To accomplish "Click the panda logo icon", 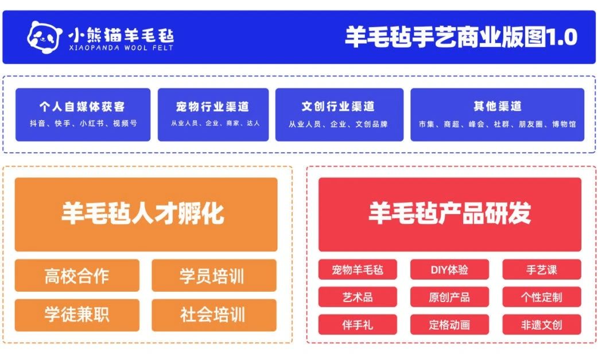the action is tap(45, 37).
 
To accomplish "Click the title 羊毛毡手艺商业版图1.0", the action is tap(461, 37).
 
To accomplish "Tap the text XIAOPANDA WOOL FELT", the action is tap(121, 48).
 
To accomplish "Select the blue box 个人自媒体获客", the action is tap(83, 115).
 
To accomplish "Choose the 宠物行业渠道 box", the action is tap(213, 115).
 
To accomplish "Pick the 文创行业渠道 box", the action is tap(339, 115).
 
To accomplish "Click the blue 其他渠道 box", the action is tap(498, 115).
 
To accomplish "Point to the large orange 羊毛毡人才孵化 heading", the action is tap(146, 214).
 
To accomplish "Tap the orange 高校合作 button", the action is tap(77, 276).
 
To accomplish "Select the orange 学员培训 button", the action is tap(214, 276).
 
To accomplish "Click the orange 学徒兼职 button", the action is tap(77, 315).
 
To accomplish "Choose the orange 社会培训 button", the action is tap(214, 315).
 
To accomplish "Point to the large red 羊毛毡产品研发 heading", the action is tap(450, 214).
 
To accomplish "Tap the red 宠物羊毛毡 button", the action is tap(358, 270).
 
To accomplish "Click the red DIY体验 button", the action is tap(449, 270).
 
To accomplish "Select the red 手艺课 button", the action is tap(542, 270).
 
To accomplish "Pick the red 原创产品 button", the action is tap(449, 297).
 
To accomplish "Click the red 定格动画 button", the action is tap(449, 324).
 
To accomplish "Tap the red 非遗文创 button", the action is tap(542, 324).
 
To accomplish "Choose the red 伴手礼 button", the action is tap(358, 324).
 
